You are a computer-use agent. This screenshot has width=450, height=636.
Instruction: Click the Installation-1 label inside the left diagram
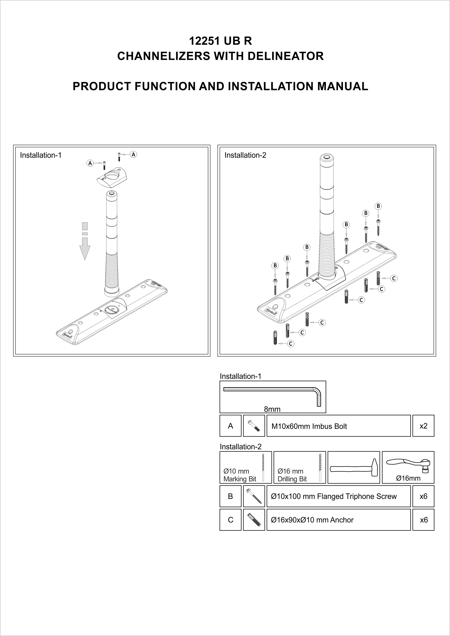pos(40,155)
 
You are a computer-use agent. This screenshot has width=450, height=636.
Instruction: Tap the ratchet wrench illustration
pos(408,466)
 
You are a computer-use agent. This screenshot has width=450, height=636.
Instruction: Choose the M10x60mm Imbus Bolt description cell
pos(338,426)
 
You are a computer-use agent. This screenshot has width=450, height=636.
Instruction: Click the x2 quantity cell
pos(423,426)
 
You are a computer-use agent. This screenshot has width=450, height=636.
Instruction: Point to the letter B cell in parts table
pos(230,496)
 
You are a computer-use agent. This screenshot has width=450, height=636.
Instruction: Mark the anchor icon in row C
pos(254,520)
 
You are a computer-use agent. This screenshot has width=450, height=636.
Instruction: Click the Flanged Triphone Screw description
pos(338,496)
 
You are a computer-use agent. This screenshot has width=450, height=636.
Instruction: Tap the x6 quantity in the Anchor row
pos(423,520)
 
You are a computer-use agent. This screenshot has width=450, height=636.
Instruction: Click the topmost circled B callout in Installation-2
pos(378,206)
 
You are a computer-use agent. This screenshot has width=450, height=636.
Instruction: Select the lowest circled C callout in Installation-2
pos(290,344)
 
